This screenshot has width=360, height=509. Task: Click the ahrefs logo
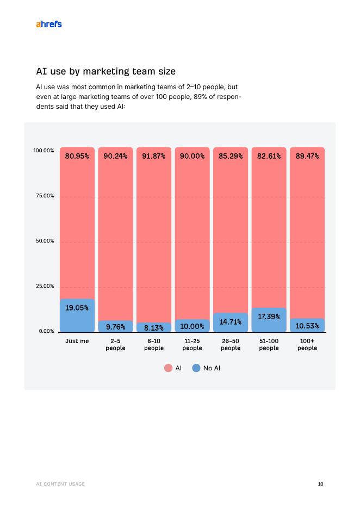pos(48,24)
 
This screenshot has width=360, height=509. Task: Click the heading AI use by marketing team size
pos(105,71)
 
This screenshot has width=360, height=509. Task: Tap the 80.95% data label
pos(77,156)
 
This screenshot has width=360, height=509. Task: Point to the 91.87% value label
pos(153,156)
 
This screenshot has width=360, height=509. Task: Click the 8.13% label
pos(154,327)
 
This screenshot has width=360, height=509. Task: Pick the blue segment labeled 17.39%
pos(269,320)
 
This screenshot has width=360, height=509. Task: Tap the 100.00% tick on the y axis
pos(44,151)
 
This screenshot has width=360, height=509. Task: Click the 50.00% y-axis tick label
pos(44,241)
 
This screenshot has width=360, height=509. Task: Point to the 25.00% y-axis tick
pos(44,286)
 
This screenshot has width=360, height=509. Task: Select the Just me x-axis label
pos(77,342)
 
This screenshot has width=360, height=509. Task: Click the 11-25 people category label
pos(192,345)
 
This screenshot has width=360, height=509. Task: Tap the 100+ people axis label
pos(307,345)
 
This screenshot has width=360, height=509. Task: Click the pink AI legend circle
pos(168,368)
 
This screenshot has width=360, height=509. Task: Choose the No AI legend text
pos(212,368)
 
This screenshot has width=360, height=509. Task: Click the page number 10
pos(320,484)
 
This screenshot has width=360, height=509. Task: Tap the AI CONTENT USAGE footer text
pos(60,484)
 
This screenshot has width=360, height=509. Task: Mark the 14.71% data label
pos(230,322)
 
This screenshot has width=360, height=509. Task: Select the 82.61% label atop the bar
pos(269,156)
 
